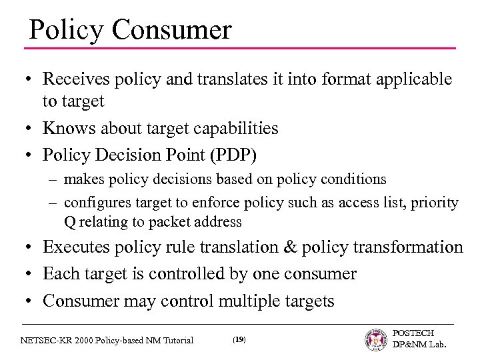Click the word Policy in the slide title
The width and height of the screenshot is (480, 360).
62,30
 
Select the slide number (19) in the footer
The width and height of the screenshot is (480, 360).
239,340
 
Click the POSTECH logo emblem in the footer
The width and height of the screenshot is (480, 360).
375,339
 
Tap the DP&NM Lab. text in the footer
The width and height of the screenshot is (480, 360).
418,346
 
